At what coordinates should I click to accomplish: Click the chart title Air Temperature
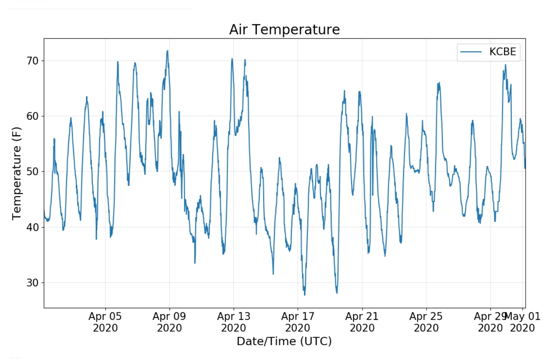pos(284,30)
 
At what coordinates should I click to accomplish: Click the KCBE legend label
pos(502,52)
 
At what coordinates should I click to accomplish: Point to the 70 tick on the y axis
pos(33,61)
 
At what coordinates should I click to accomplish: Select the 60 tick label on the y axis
pos(33,116)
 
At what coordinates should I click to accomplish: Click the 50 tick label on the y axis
pos(33,172)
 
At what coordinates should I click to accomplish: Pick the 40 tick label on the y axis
pos(33,227)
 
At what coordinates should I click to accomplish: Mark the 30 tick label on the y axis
pos(33,283)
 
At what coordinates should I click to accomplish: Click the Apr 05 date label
pos(105,322)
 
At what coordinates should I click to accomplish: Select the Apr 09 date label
pos(169,322)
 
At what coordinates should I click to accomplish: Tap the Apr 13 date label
pos(234,322)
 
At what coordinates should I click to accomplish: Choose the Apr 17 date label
pos(297,322)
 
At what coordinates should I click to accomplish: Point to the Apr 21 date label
pos(362,322)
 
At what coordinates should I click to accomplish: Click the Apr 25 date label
pos(426,322)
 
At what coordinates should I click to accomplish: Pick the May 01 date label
pos(523,322)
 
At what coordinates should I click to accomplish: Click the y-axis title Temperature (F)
pos(16,173)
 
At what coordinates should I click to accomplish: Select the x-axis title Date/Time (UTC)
pos(284,341)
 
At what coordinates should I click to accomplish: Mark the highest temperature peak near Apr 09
pos(167,51)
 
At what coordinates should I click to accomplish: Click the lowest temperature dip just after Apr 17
pos(304,295)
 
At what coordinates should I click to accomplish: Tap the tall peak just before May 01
pos(505,65)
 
